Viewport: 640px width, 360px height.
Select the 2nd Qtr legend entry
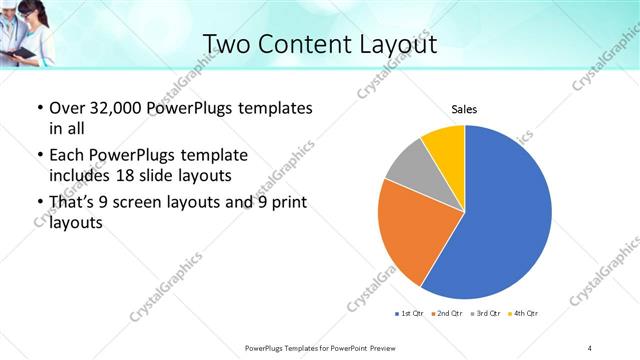446,314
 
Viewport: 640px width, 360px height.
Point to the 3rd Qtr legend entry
486,314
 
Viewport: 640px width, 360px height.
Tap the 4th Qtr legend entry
524,314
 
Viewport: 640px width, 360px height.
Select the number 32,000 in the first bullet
114,106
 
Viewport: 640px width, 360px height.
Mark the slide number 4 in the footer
590,347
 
